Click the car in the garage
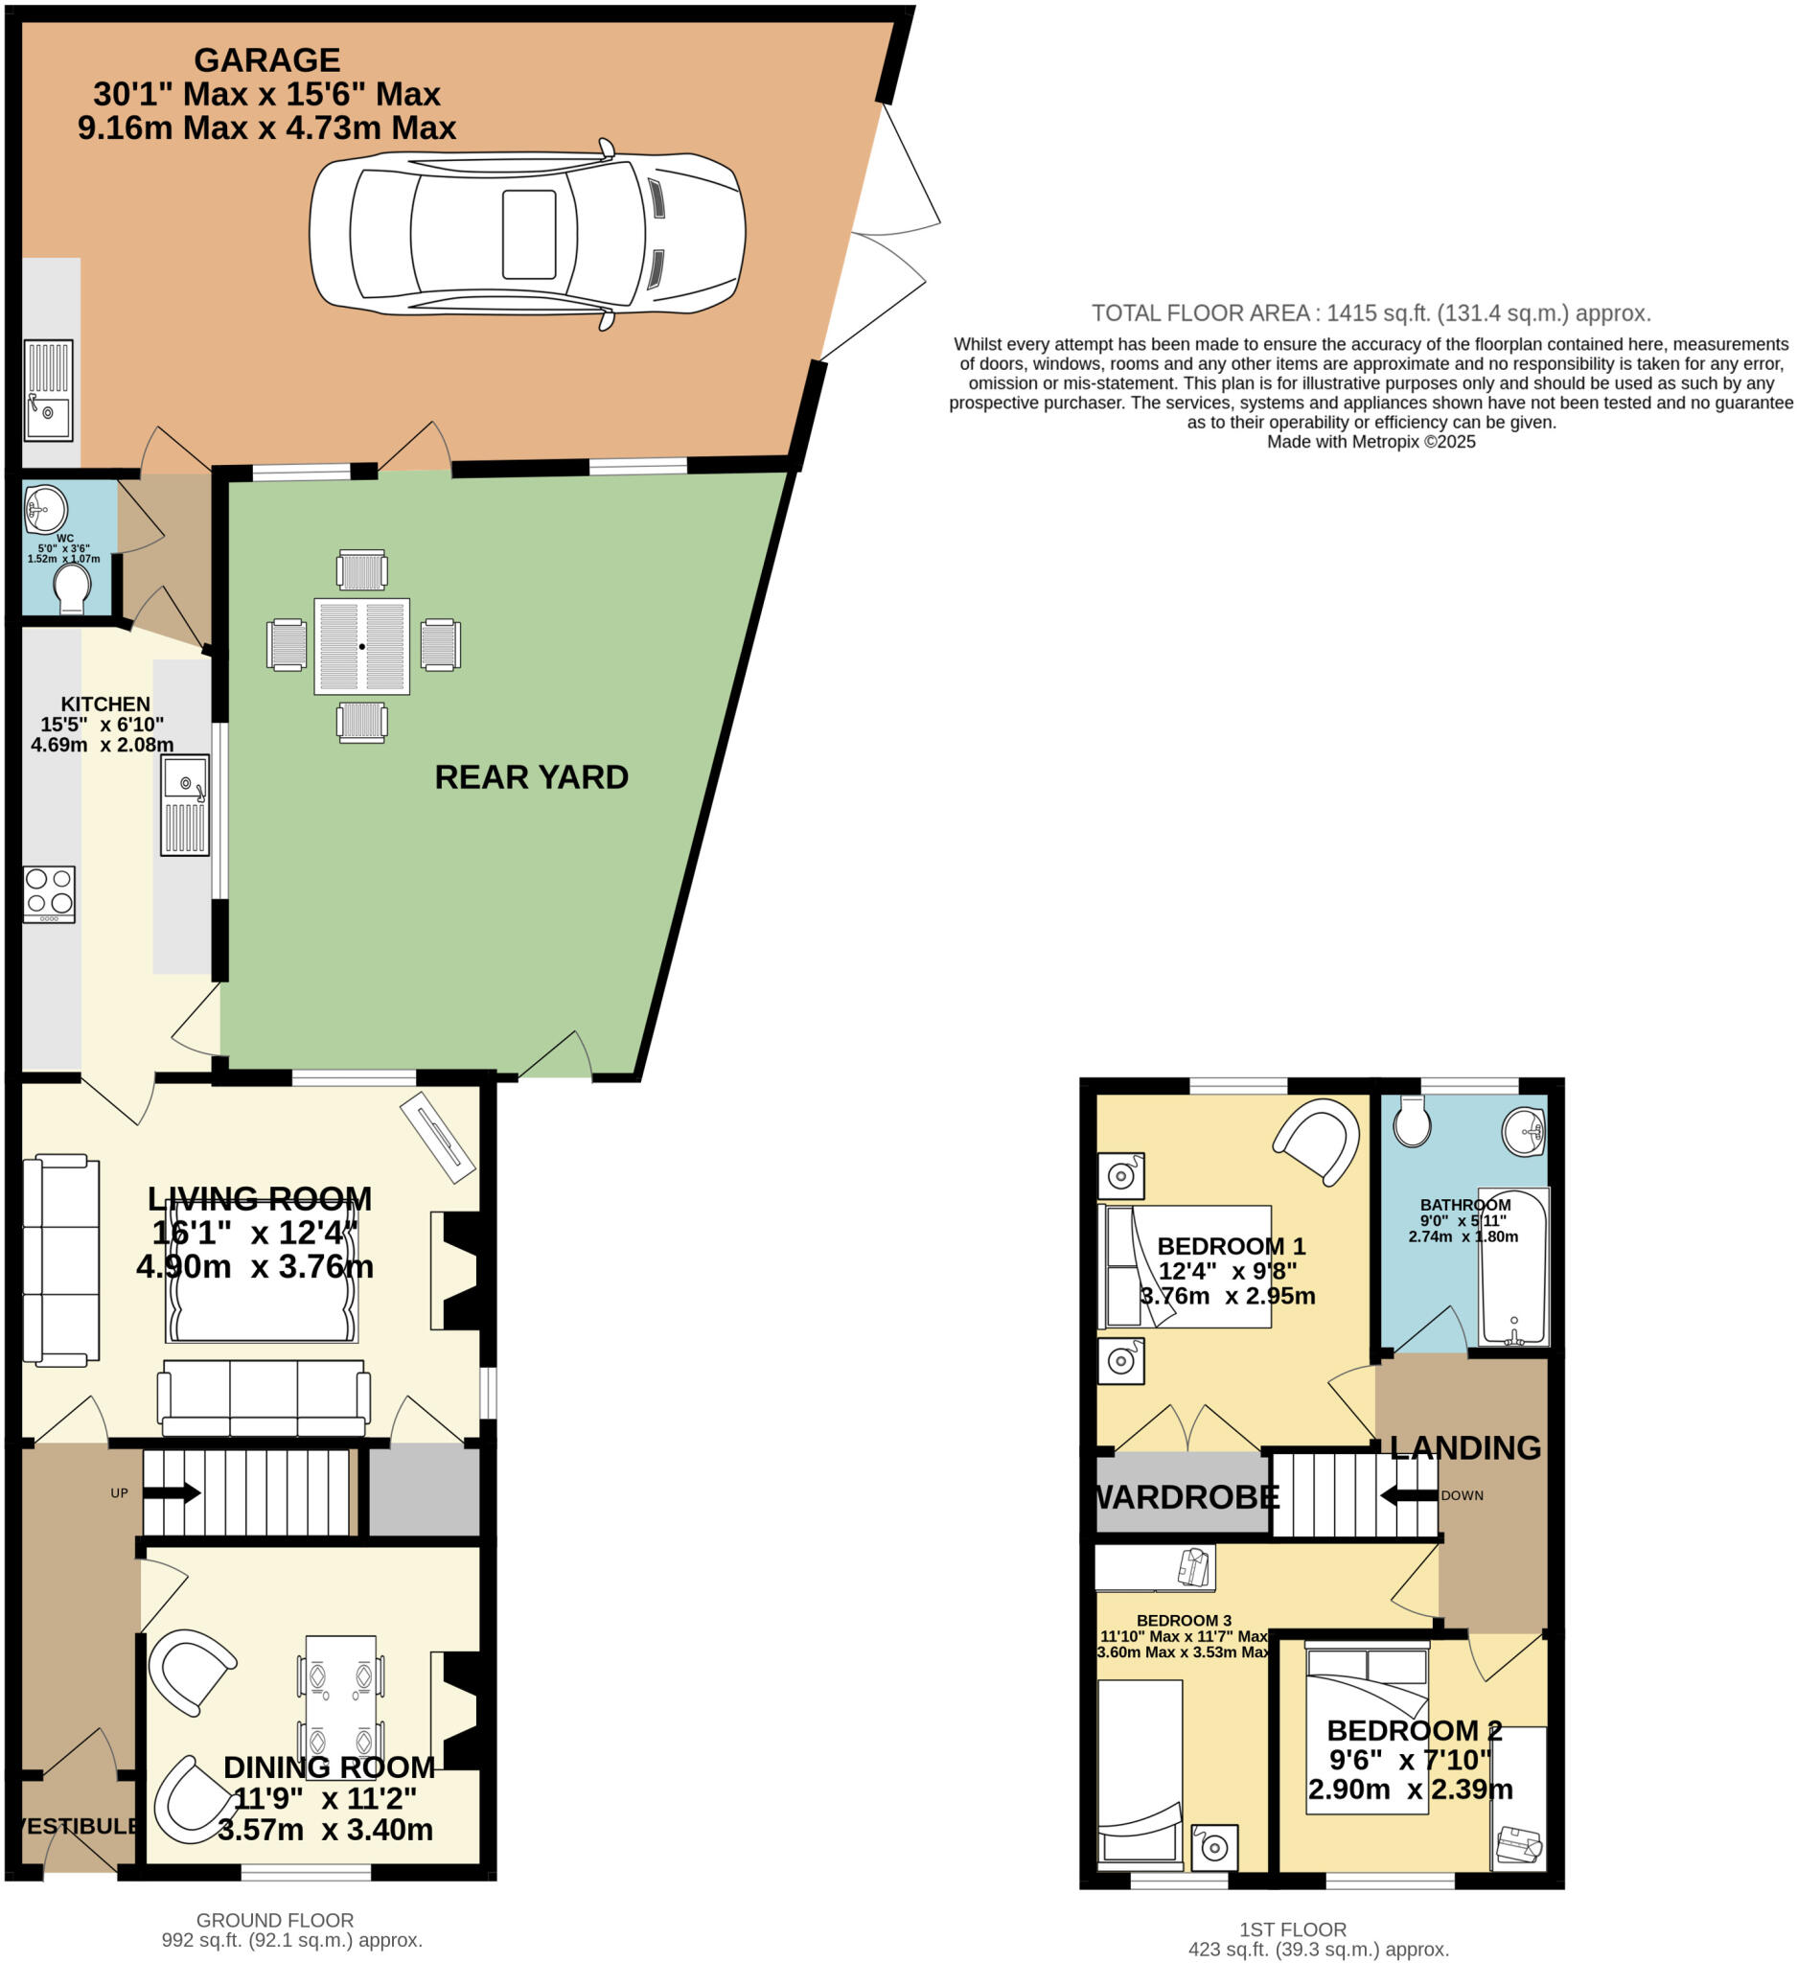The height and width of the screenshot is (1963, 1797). click(x=526, y=235)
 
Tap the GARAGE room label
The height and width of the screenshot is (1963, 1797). click(x=266, y=60)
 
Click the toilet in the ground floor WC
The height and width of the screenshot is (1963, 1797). click(x=73, y=588)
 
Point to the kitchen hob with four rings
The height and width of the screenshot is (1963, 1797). click(x=49, y=893)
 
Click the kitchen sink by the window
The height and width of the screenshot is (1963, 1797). click(x=185, y=804)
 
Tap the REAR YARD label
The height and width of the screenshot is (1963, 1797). click(x=531, y=777)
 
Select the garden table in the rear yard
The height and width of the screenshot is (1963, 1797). click(x=361, y=647)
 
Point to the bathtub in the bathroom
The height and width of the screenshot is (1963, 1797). click(x=1512, y=1266)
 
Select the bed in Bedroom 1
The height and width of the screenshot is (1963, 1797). click(x=1185, y=1266)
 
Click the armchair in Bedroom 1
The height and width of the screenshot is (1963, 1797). click(x=1317, y=1141)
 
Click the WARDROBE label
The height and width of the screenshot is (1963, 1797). click(x=1186, y=1496)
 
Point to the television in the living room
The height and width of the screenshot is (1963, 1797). click(x=437, y=1138)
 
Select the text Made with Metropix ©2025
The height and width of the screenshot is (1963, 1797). click(x=1370, y=442)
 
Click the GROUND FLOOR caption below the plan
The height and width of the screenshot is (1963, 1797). click(x=274, y=1920)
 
